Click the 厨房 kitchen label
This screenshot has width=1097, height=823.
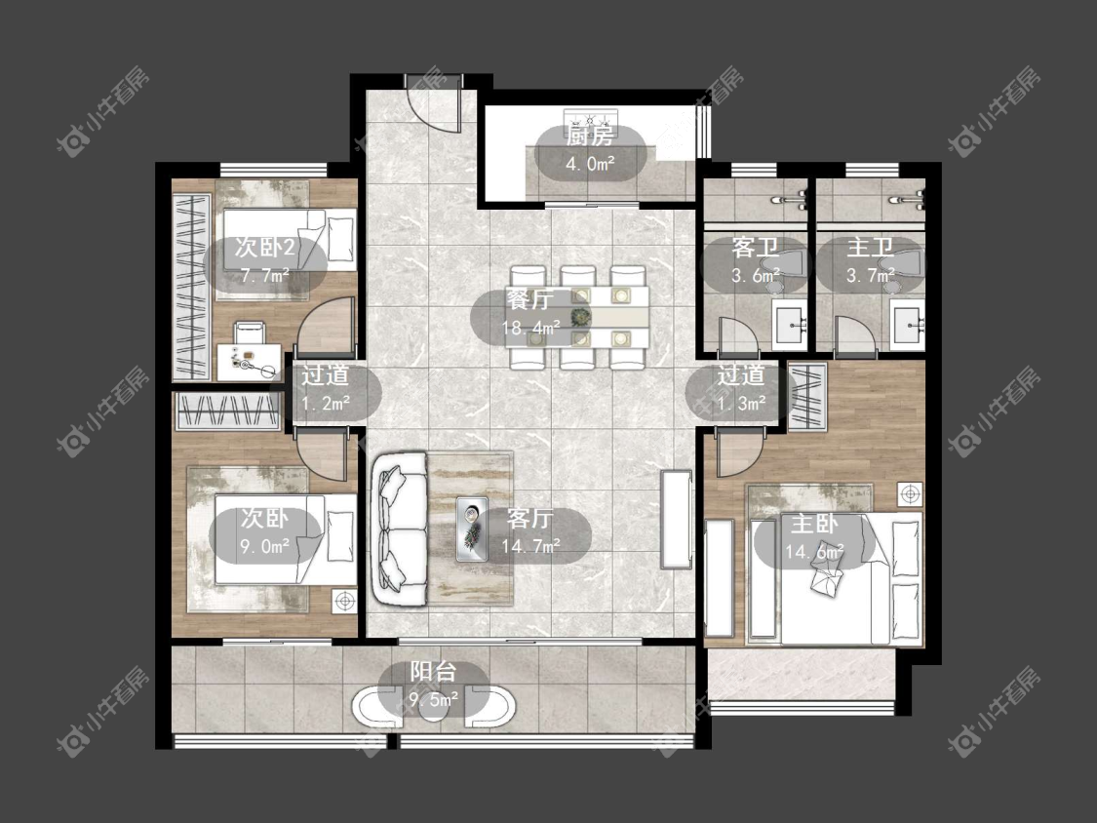(x=590, y=136)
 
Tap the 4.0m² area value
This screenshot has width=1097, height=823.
(x=590, y=164)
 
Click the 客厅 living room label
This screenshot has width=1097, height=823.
(x=530, y=519)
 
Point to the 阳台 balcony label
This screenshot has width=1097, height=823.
(x=433, y=671)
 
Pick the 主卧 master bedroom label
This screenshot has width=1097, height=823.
(x=814, y=525)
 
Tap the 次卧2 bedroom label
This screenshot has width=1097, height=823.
(x=264, y=247)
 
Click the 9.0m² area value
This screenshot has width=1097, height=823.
(x=264, y=546)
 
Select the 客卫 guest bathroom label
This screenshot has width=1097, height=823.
(x=756, y=247)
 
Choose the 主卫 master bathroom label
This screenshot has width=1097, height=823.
(x=871, y=247)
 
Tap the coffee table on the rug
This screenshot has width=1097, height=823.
(x=472, y=529)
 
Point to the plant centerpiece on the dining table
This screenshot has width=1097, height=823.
(x=580, y=318)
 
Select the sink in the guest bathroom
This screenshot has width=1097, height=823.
(x=791, y=324)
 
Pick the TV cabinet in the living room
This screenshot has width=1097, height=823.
(x=676, y=520)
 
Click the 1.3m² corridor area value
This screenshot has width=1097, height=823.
(x=740, y=403)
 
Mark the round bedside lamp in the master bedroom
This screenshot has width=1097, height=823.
(x=910, y=494)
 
